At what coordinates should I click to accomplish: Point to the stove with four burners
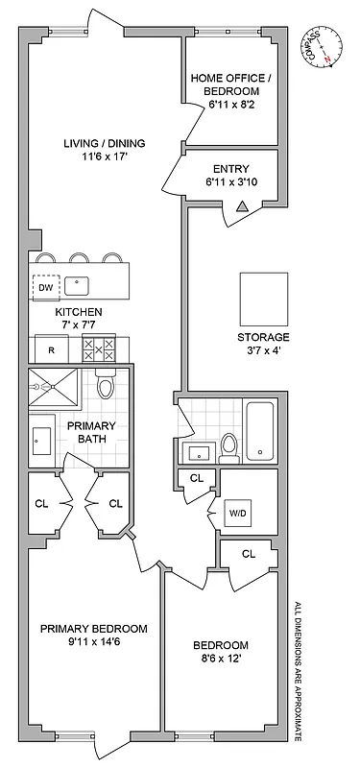point(98,348)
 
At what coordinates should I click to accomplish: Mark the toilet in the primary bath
point(106,386)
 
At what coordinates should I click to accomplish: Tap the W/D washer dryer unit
point(237,513)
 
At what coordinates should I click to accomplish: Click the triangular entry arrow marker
point(242,204)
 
